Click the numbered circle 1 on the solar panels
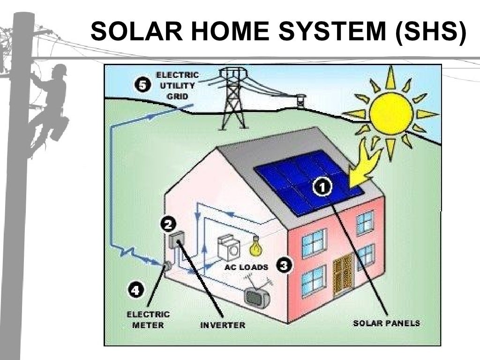pos(322,187)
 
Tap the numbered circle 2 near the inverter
pos(168,224)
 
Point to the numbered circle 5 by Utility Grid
pos(142,85)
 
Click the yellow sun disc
pos(391,113)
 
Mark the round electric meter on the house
pos(166,266)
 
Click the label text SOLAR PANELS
pos(386,323)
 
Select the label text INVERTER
pos(223,324)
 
